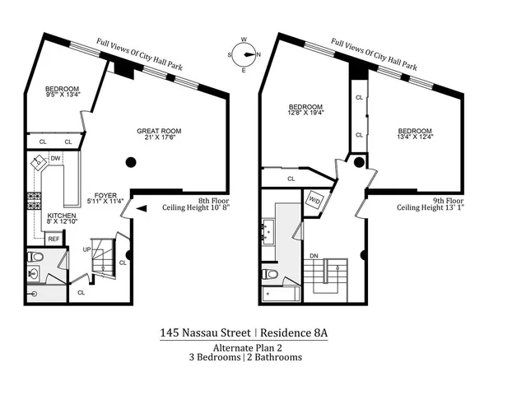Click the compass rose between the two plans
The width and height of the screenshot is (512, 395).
[x=244, y=55]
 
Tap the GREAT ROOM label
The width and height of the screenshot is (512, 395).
[x=159, y=131]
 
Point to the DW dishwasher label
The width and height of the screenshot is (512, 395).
[x=55, y=158]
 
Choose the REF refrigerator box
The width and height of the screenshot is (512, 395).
[x=53, y=239]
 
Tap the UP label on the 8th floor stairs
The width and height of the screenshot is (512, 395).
[x=87, y=249]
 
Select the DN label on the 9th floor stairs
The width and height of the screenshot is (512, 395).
[x=314, y=256]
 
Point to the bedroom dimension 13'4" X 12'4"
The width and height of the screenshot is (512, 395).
[x=415, y=137]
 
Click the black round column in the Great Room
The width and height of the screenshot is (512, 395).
[x=129, y=162]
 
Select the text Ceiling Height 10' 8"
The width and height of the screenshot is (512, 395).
[x=195, y=208]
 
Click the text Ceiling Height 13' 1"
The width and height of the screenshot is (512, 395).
[x=431, y=208]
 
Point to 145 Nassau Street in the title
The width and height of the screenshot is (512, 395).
[x=206, y=333]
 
